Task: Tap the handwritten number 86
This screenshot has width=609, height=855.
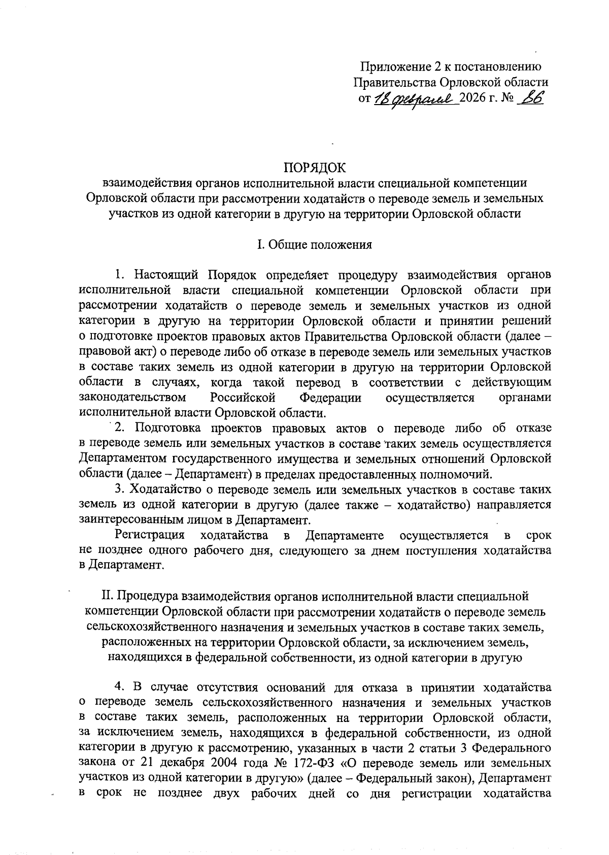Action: pyautogui.click(x=528, y=98)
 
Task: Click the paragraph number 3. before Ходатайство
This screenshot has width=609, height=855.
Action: pyautogui.click(x=120, y=490)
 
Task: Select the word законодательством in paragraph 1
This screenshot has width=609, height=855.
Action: pyautogui.click(x=132, y=398)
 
